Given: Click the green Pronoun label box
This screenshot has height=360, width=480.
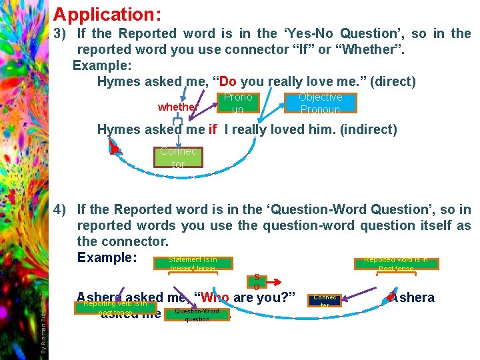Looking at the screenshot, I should pos(237,103).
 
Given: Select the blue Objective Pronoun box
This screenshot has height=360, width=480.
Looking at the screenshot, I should pos(320,103).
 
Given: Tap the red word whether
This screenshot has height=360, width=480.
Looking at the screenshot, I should pos(177,107).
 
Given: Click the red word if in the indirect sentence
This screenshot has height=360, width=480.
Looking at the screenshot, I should pos(212,129).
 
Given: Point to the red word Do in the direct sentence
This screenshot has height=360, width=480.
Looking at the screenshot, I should pos(227,81).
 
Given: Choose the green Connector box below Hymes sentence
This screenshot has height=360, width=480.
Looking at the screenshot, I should pos(178,157).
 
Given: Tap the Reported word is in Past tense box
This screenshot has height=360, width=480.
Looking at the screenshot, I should pos(396,264).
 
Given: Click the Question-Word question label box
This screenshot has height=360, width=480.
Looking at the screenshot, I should pos(197,315).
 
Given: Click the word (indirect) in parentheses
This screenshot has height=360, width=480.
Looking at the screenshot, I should pos(369,129).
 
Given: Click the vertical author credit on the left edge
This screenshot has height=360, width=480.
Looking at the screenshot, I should pos(43,313).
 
